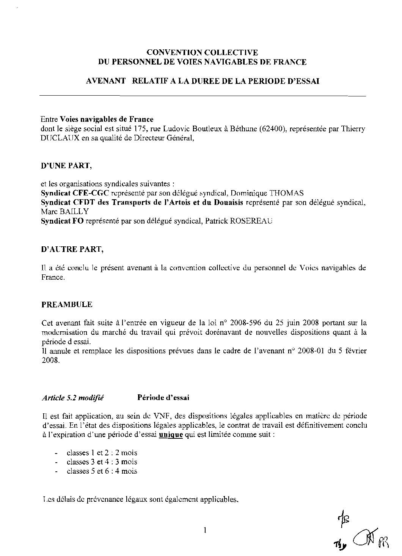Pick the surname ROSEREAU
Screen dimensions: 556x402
252,221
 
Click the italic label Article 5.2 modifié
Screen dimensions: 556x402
73,398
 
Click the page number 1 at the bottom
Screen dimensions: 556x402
205,530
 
